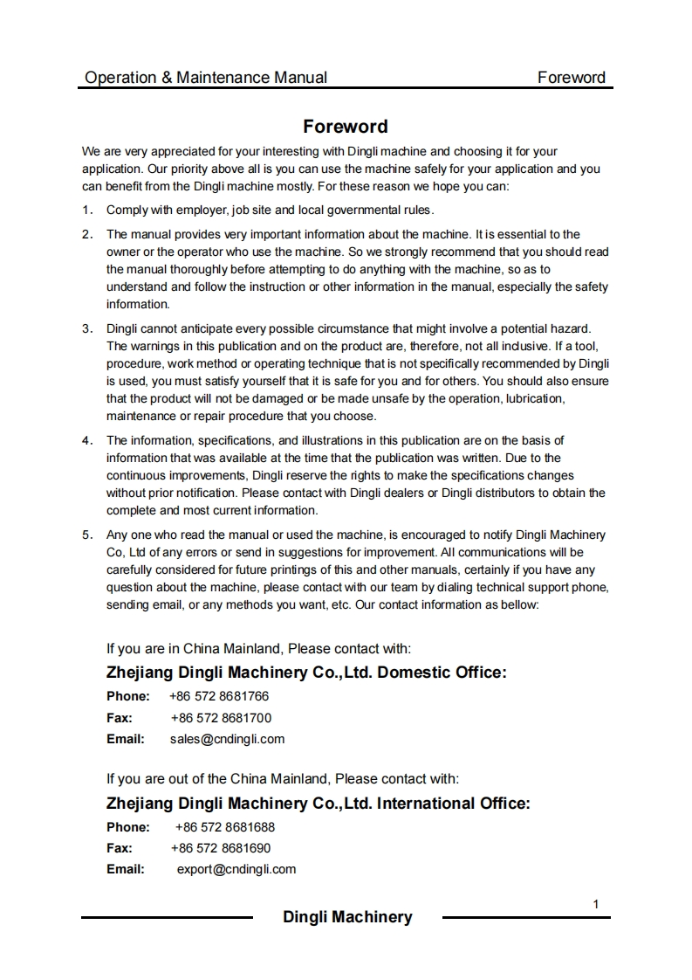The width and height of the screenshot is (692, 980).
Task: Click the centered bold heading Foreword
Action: click(x=346, y=127)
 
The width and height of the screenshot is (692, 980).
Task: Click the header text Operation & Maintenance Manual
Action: click(x=206, y=78)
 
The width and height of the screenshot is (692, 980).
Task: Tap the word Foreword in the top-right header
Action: click(x=571, y=78)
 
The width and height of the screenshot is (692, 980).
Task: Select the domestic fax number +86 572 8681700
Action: click(x=221, y=718)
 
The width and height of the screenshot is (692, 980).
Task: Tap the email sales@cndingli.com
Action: click(x=227, y=739)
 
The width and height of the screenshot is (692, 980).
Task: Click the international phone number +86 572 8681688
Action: click(x=225, y=826)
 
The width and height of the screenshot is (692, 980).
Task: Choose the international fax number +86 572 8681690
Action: click(x=221, y=847)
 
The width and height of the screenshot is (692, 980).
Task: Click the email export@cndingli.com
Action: click(x=236, y=869)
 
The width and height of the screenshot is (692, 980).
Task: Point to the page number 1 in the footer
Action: click(x=596, y=904)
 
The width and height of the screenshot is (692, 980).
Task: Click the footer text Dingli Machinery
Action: click(x=347, y=917)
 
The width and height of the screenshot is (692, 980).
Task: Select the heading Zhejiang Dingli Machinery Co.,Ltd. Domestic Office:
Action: click(x=306, y=673)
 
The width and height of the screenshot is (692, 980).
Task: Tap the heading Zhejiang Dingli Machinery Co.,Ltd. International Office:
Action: click(x=318, y=803)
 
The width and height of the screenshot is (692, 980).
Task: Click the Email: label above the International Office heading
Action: click(x=126, y=739)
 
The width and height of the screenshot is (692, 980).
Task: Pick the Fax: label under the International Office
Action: click(x=120, y=847)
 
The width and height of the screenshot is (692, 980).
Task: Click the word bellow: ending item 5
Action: click(x=519, y=604)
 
